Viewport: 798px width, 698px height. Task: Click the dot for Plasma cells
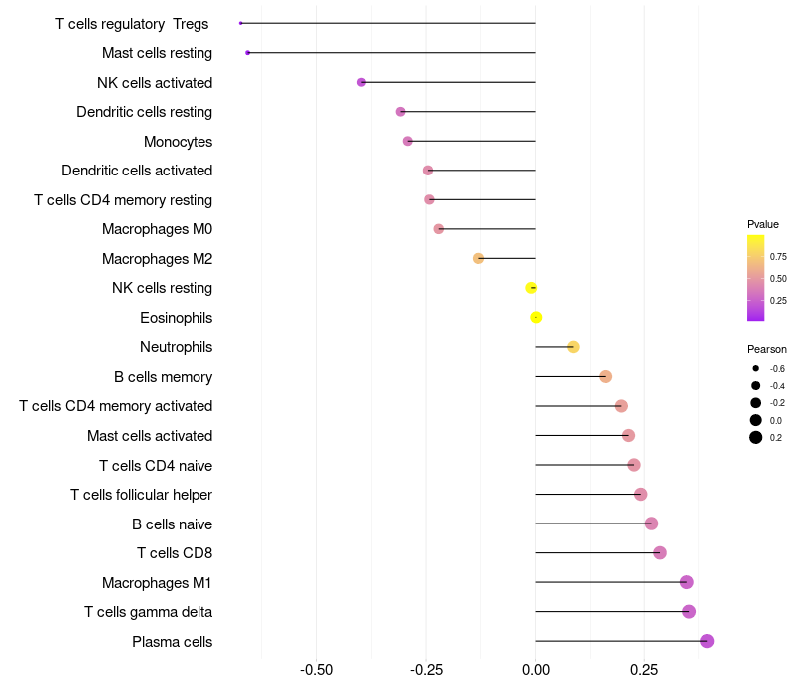707,641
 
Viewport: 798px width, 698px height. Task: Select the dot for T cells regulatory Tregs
241,23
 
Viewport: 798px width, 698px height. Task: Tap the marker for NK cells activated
361,82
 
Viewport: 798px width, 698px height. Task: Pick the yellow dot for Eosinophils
536,317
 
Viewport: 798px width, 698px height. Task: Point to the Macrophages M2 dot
478,258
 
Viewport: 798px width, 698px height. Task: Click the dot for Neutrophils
573,347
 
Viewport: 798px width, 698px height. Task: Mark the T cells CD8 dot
659,552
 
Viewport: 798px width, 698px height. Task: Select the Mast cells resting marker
247,52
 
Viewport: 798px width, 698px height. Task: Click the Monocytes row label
178,142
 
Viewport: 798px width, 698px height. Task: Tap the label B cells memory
163,377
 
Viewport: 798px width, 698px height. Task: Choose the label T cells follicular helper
141,495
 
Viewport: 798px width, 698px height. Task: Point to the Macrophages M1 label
157,582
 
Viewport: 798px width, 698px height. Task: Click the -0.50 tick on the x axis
317,668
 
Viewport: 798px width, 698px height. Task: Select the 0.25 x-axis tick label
644,668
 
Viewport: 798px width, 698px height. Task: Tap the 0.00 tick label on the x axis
536,668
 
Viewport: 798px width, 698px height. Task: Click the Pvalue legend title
763,224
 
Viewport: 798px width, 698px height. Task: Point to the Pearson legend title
767,349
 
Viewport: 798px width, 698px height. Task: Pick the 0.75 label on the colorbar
778,256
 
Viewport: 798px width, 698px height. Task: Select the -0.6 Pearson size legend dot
756,368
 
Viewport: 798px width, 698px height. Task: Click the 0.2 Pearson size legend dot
756,437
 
